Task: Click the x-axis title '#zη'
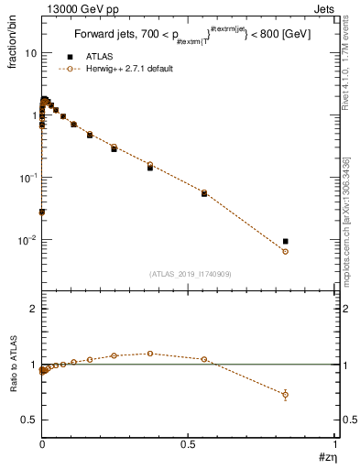coord(326,458)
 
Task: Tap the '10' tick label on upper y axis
coord(28,53)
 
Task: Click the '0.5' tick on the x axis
coord(190,444)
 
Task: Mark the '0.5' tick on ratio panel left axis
coord(28,420)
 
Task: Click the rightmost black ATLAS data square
coord(286,242)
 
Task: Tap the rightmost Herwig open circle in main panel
coord(286,251)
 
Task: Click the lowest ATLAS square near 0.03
coord(42,212)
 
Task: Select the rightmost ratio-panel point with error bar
coord(286,395)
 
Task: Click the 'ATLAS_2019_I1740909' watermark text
coord(189,273)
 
